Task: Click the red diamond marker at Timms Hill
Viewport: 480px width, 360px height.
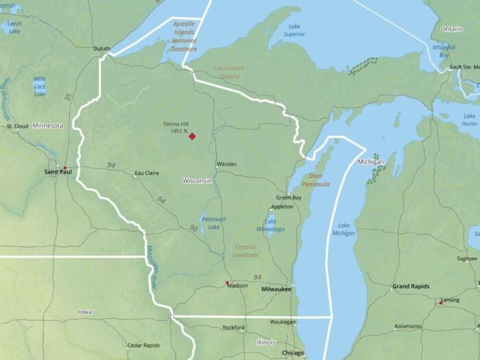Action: click(x=192, y=136)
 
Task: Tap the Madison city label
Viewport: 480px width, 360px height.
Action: click(x=237, y=285)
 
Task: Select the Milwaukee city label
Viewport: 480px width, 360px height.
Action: click(x=276, y=289)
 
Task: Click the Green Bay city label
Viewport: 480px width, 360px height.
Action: click(x=289, y=197)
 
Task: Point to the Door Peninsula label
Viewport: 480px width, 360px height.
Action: click(x=315, y=180)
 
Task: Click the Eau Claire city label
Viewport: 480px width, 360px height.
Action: click(x=147, y=173)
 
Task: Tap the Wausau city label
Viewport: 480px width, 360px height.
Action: click(x=226, y=164)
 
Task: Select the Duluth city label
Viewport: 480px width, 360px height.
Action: click(x=101, y=49)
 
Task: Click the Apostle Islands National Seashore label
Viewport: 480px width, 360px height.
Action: click(x=184, y=36)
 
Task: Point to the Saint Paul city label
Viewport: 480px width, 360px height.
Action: click(x=58, y=171)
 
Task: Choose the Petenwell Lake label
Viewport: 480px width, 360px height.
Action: click(x=214, y=223)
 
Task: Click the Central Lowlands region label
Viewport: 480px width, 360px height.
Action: click(x=245, y=251)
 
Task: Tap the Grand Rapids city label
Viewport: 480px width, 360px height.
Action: click(x=409, y=285)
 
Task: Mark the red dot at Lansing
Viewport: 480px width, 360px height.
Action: click(x=440, y=302)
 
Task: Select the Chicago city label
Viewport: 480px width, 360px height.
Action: click(x=292, y=352)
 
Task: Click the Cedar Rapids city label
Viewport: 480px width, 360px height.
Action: click(x=143, y=345)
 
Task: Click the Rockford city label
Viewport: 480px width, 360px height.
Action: click(x=233, y=328)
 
